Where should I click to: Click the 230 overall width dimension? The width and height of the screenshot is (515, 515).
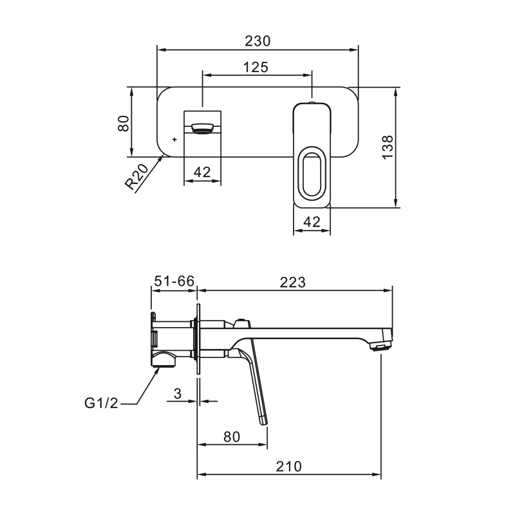[x=257, y=41]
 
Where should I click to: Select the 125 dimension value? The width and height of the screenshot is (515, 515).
[x=256, y=68]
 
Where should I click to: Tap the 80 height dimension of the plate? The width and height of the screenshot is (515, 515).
[x=124, y=123]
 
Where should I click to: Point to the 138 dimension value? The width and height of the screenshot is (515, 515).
[x=388, y=147]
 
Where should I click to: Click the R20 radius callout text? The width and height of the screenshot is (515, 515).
[x=137, y=177]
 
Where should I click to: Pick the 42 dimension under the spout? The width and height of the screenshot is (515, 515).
[x=201, y=172]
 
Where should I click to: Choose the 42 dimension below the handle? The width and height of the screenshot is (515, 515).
[x=312, y=222]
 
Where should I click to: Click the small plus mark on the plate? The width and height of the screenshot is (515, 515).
[x=174, y=140]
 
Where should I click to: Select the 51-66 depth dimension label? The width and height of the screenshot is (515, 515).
[x=174, y=281]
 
